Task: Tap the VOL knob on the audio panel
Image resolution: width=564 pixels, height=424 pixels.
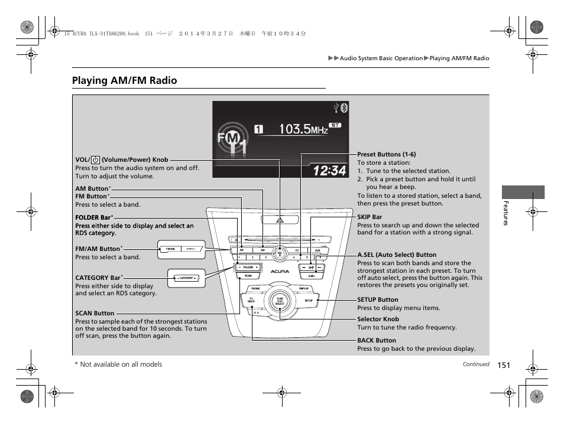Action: pyautogui.click(x=280, y=255)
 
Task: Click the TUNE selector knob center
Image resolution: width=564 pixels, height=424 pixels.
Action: pyautogui.click(x=280, y=301)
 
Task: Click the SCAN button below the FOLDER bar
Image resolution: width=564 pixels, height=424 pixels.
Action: pyautogui.click(x=248, y=276)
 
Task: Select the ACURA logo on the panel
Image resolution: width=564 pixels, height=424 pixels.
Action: pyautogui.click(x=280, y=272)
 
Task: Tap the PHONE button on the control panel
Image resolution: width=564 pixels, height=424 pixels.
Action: pyautogui.click(x=255, y=289)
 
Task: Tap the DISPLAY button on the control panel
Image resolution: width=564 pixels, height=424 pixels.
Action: pyautogui.click(x=304, y=289)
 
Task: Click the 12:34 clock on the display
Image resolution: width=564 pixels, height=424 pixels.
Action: pyautogui.click(x=330, y=171)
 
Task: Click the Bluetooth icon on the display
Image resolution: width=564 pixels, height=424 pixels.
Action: pyautogui.click(x=345, y=107)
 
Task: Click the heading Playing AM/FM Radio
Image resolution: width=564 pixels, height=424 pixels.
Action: pyautogui.click(x=124, y=80)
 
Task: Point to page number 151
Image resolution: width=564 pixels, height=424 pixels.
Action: pyautogui.click(x=503, y=365)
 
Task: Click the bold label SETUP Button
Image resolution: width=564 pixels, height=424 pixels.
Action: pyautogui.click(x=378, y=299)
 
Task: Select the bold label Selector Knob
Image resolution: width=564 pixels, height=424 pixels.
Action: pyautogui.click(x=378, y=319)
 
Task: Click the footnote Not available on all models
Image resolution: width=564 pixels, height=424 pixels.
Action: pyautogui.click(x=121, y=364)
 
